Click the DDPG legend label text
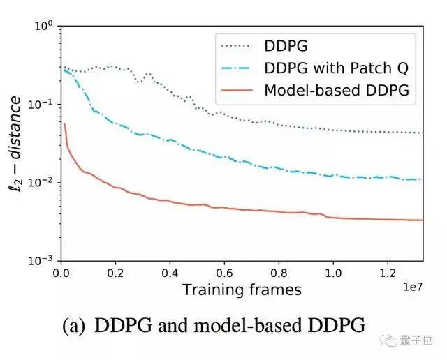pos(286,47)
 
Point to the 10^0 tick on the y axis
pos(43,27)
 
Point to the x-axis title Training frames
pos(242,289)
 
